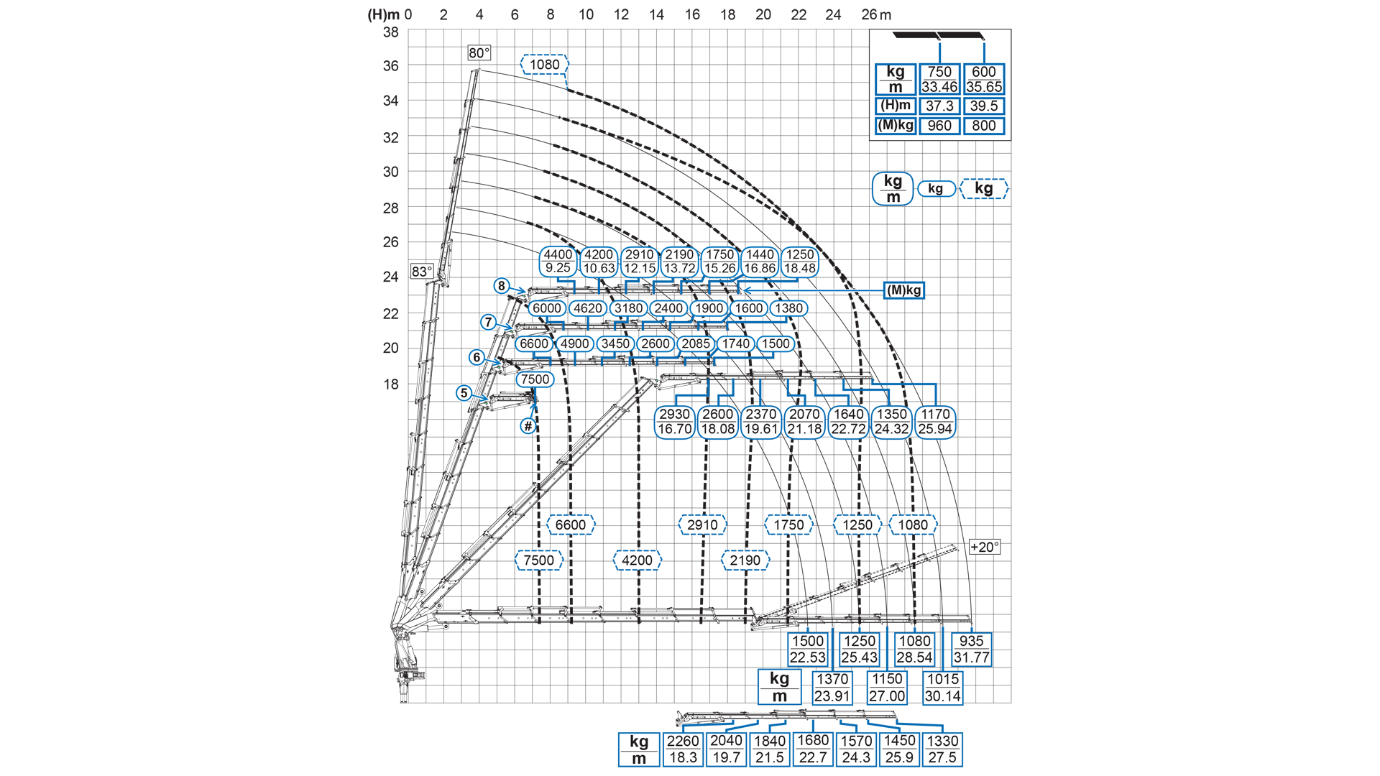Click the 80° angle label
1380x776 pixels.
[479, 53]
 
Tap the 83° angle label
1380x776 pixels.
[422, 272]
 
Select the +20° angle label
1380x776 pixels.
[984, 547]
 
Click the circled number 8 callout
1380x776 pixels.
[502, 285]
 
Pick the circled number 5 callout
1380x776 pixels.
[464, 393]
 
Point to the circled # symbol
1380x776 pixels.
[528, 426]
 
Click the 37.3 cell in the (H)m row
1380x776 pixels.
[939, 106]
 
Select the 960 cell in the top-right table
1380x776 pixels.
[939, 126]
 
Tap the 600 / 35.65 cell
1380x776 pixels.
[983, 79]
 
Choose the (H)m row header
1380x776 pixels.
[896, 106]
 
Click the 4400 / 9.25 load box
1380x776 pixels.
[558, 262]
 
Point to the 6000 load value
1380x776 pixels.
[546, 308]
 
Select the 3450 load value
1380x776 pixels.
[615, 343]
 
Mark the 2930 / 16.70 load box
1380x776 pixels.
[674, 422]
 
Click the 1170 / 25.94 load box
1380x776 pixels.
[935, 422]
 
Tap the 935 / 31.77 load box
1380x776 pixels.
[971, 649]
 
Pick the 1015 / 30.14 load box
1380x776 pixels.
[942, 688]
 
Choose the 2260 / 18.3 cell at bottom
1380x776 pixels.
[683, 749]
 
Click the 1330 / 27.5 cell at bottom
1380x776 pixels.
[942, 749]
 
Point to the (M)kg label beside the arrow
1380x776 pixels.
[903, 290]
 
